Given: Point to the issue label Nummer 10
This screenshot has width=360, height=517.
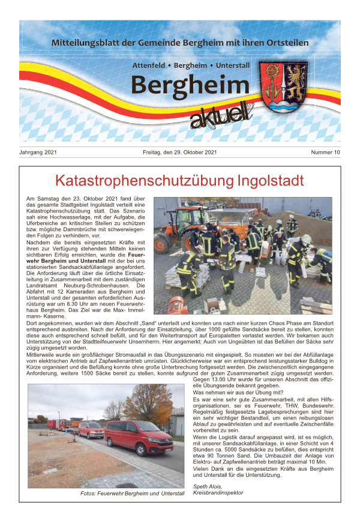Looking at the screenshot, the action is coord(325,153).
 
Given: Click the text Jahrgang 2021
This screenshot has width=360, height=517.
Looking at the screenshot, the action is coord(40,153).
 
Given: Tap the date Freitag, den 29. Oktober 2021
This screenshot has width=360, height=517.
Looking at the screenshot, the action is coord(180,153).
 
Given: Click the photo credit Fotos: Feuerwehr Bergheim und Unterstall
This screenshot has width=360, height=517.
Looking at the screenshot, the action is coord(132,493).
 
